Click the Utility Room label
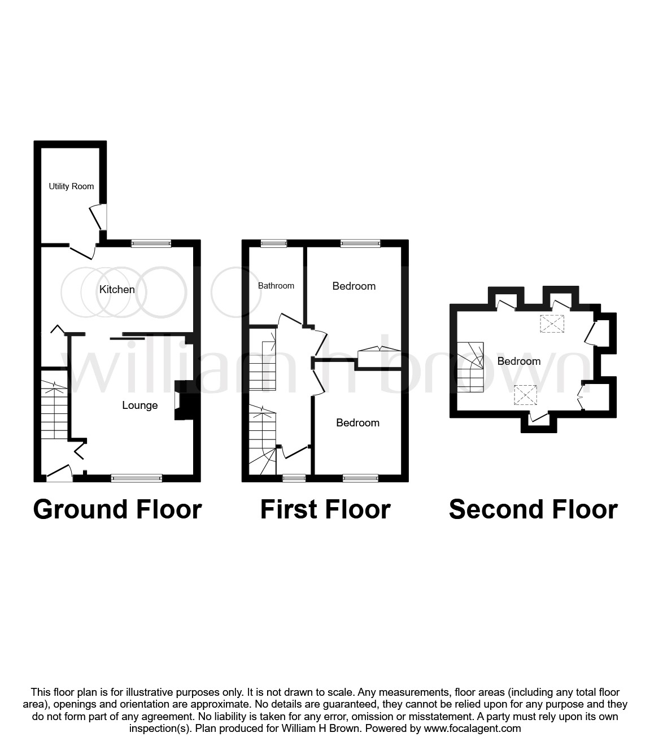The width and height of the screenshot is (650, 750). point(71,186)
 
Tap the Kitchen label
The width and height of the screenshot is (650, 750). point(117,290)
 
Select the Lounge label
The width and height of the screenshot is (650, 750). point(139,405)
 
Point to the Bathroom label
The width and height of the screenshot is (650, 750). point(276,286)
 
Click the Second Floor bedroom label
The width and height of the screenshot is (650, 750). point(518,361)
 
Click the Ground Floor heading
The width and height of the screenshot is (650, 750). point(117,509)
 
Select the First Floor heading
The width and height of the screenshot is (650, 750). point(325,509)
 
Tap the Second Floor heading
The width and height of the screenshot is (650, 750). point(533,509)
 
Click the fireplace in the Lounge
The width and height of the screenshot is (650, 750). point(185,400)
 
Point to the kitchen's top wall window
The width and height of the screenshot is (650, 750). point(151,243)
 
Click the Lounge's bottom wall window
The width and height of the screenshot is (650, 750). point(137,478)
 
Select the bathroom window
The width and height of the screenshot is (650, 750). point(273,243)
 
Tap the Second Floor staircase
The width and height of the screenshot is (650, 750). point(470,367)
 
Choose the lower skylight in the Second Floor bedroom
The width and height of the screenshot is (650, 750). point(525,395)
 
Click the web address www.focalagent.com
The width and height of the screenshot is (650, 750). point(472,729)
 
